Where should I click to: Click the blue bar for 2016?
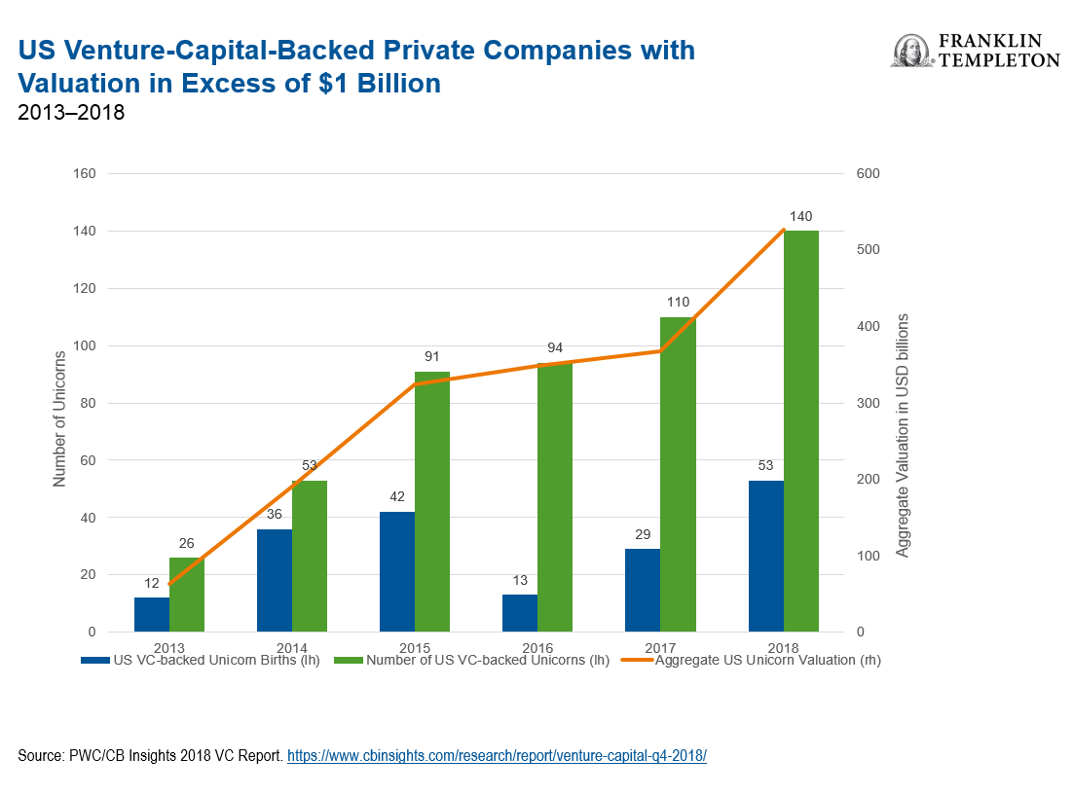520,613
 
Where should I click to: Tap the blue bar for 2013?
152,614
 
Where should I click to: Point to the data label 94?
554,348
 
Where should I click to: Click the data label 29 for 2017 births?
642,534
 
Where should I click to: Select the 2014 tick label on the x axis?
292,647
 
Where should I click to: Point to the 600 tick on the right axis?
867,174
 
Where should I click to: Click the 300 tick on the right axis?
867,403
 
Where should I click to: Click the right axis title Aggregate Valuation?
902,435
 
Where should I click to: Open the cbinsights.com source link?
497,756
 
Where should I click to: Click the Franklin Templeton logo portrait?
910,52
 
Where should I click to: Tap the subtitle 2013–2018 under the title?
71,113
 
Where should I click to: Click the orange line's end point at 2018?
784,231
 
